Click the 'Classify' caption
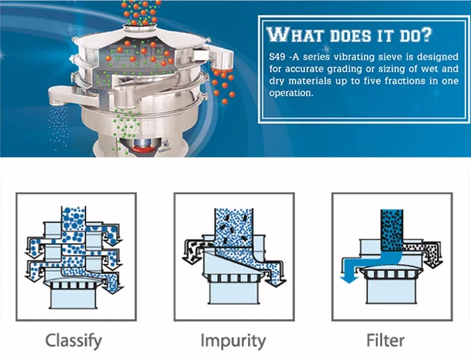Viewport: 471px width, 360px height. tap(74, 340)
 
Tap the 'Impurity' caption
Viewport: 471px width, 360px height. tap(233, 340)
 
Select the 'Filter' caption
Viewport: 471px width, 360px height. tap(386, 340)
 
